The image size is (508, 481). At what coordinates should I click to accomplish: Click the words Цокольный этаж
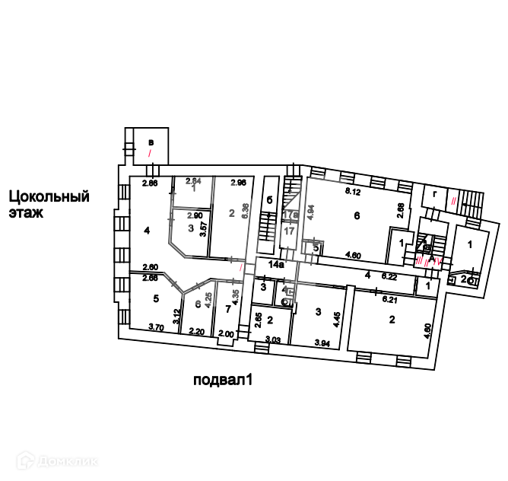coord(49,205)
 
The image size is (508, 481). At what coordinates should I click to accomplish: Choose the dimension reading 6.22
coord(393,277)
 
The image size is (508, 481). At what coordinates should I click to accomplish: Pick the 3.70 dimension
coord(156,328)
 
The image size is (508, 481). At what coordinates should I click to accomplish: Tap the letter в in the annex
coord(151,142)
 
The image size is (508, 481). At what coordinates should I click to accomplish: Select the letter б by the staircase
coord(269,200)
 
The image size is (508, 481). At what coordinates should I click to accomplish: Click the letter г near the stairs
coord(433,195)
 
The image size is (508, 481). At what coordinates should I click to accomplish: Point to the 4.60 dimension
coord(353,256)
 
